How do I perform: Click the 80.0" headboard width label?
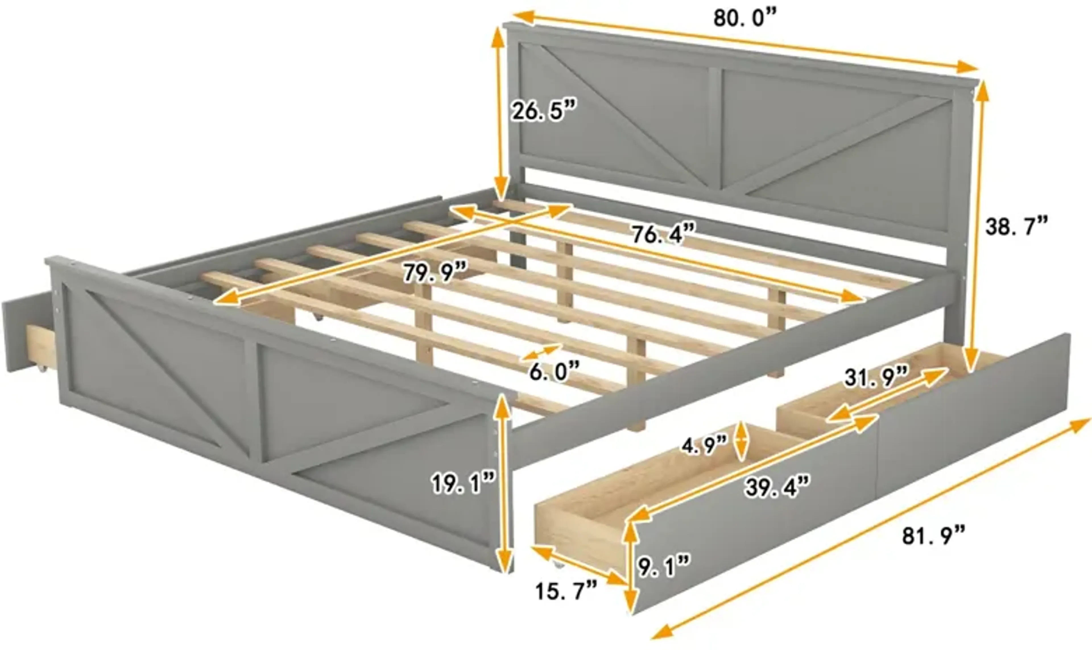[x=744, y=18]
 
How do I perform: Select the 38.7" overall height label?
[x=1016, y=227]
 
